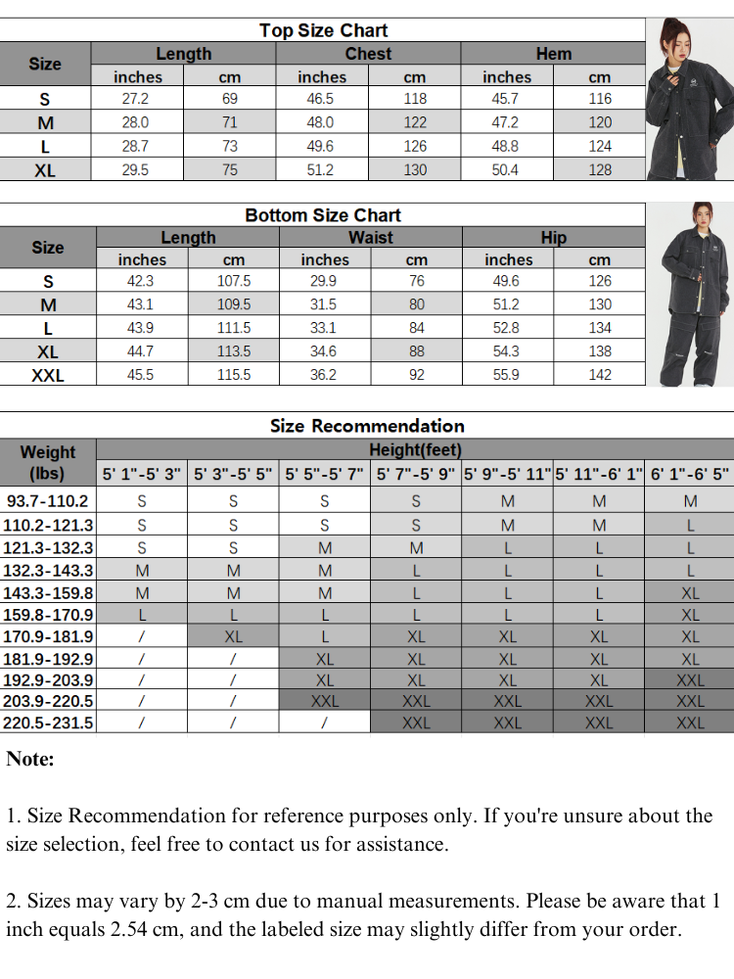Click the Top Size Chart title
[323, 30]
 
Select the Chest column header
[368, 54]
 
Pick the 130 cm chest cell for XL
[415, 169]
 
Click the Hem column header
[553, 54]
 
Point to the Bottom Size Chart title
[323, 215]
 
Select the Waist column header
[371, 238]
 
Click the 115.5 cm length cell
[234, 375]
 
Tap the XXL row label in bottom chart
[48, 375]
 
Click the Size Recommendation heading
[367, 426]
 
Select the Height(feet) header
[415, 450]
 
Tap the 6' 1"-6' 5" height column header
[690, 475]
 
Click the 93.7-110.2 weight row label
[48, 501]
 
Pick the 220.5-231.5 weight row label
[48, 723]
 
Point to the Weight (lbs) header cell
[48, 462]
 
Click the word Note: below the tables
[30, 760]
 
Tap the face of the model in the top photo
[672, 38]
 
